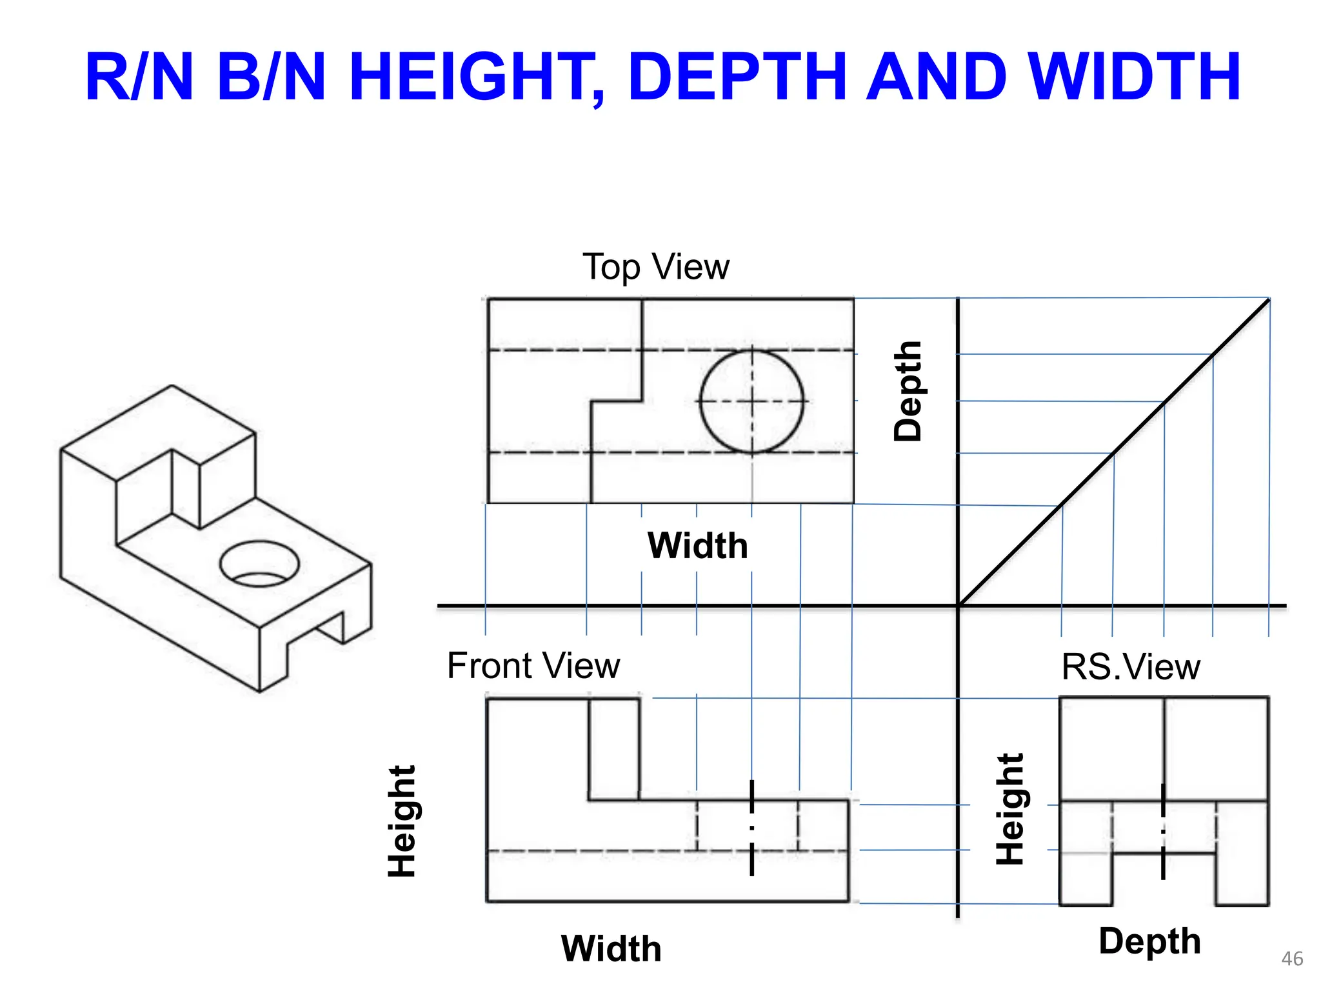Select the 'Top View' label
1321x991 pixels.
point(655,266)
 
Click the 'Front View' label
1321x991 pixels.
point(533,665)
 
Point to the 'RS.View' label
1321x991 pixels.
point(1131,666)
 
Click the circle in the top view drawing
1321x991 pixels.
point(752,401)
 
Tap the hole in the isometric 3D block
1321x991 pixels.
point(259,564)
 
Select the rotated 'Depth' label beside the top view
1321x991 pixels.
point(908,391)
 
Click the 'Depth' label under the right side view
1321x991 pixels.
point(1149,941)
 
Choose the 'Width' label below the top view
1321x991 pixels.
point(697,546)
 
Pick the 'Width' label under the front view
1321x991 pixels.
point(611,948)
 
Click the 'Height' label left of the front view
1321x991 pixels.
point(402,821)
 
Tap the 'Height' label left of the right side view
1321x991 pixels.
point(1009,809)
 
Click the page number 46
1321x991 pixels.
point(1292,959)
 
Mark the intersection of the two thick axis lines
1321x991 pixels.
point(958,606)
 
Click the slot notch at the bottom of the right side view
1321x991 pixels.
point(1164,880)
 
